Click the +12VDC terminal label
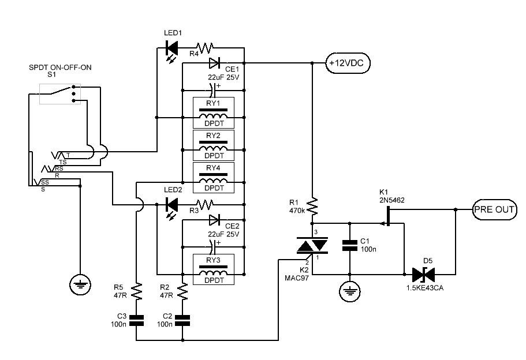coord(348,63)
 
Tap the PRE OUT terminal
coord(494,210)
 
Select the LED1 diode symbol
coord(171,48)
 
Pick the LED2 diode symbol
coord(171,205)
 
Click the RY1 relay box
coord(214,113)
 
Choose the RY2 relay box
coord(214,145)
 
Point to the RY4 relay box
coord(214,178)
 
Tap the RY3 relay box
coord(214,269)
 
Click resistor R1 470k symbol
coord(312,207)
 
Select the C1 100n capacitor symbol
coord(349,245)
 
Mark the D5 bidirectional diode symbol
coord(423,275)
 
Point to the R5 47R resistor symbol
coord(136,291)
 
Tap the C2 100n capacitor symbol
coord(182,320)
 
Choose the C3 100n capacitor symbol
coord(136,320)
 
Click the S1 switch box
coord(60,94)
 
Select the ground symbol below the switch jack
coord(80,285)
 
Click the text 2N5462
coord(392,200)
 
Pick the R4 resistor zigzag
coord(204,48)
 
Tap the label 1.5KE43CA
coord(425,288)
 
